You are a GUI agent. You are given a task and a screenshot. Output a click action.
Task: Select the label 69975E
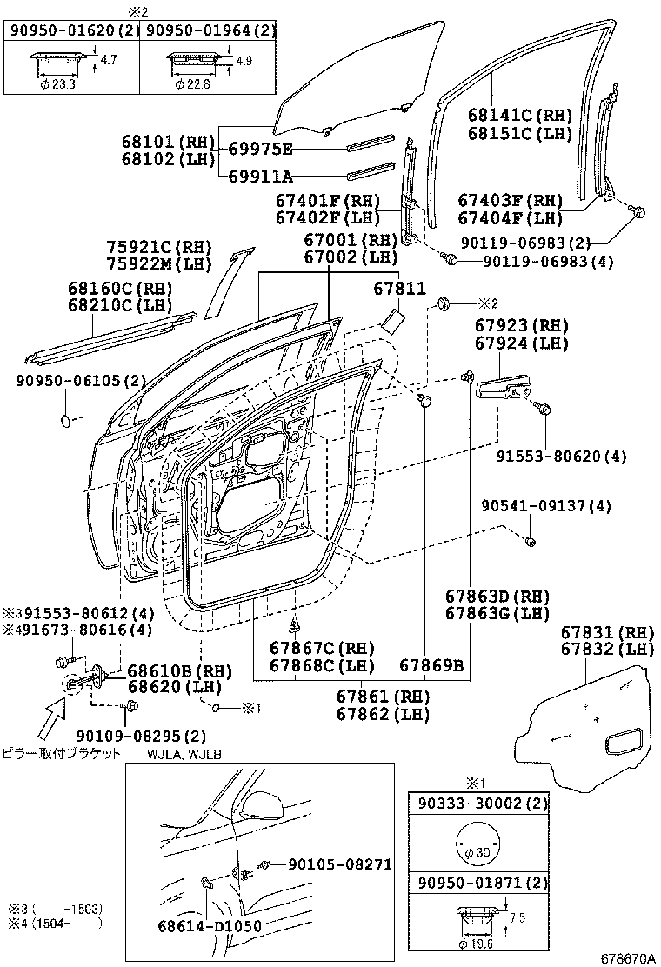(260, 149)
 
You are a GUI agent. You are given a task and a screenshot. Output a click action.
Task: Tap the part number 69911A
(260, 177)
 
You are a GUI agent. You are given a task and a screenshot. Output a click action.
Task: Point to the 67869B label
(431, 666)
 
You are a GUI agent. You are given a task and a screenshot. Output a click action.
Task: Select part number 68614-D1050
(210, 926)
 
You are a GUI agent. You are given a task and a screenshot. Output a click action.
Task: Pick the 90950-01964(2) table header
(210, 31)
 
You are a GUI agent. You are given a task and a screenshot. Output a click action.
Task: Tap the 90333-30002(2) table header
(479, 807)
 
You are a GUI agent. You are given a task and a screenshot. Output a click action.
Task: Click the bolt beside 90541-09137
(531, 544)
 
